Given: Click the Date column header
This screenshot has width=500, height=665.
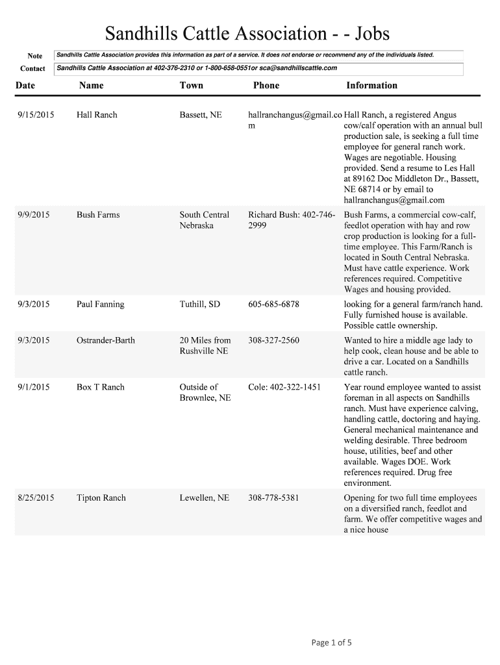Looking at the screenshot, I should [25, 85].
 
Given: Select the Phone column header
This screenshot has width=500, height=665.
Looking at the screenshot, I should [266, 85].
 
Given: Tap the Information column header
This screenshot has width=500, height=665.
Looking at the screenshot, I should [371, 85].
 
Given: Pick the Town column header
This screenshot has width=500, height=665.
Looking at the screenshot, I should [192, 85].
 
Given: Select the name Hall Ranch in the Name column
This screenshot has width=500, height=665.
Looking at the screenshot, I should [97, 115].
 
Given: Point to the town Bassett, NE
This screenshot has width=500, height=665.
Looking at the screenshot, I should [201, 115].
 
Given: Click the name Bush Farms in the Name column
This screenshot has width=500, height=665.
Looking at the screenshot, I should [98, 215].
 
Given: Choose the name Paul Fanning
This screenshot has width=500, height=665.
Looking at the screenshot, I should [100, 305].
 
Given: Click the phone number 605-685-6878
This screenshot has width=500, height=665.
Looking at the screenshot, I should [273, 305].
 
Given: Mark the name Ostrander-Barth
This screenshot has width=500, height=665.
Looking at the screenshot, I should [106, 340].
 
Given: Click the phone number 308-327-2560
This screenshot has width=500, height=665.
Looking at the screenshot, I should [273, 340].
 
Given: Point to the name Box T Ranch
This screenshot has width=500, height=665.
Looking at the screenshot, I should [100, 387].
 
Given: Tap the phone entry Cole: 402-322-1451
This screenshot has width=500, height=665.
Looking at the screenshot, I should [284, 387].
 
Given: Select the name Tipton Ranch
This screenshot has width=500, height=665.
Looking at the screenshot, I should [101, 498].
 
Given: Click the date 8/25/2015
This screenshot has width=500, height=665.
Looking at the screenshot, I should [36, 498].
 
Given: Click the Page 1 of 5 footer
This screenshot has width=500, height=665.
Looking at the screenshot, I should [331, 643].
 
